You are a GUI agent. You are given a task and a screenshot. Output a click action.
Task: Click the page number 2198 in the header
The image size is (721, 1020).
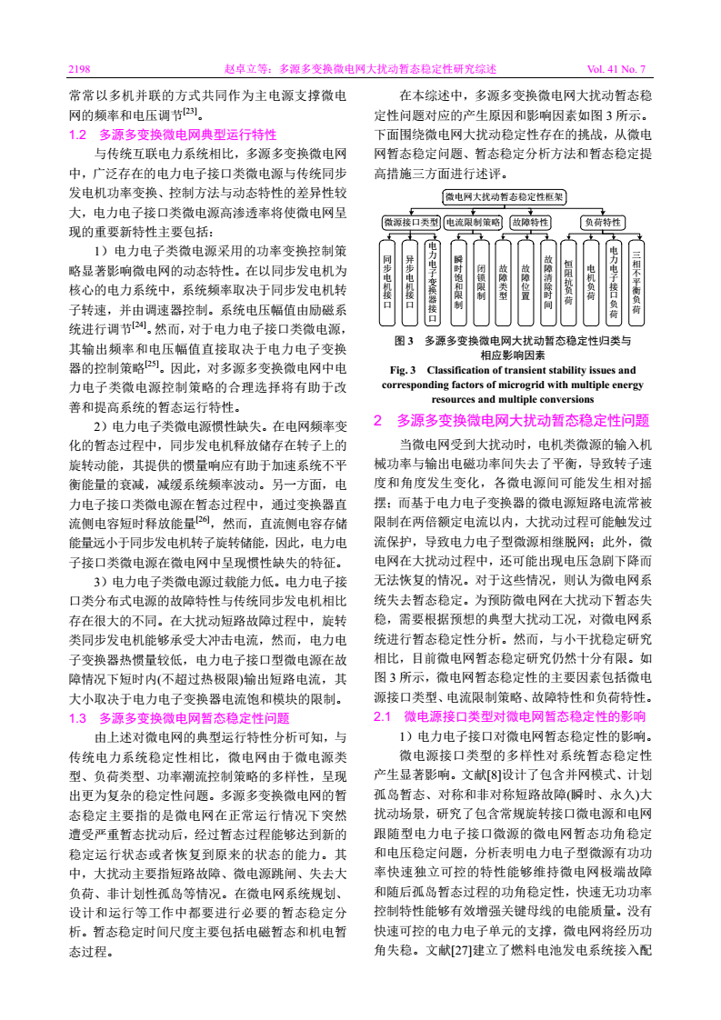(81, 68)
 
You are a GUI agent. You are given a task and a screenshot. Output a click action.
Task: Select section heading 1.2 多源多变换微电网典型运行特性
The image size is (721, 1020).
(173, 134)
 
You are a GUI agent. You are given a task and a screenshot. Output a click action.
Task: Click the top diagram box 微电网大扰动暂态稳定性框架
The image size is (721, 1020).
(504, 196)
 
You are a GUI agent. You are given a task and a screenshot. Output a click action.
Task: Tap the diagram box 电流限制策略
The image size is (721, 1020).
(472, 222)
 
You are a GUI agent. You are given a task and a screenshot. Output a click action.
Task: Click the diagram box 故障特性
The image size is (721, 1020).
(531, 222)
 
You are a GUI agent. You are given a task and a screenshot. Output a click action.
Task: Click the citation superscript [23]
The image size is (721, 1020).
(191, 112)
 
